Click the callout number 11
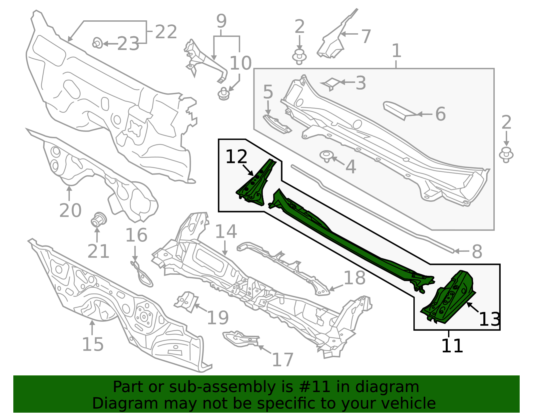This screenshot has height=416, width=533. [x=452, y=346]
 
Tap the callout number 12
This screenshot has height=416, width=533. [x=236, y=157]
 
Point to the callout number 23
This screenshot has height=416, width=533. [x=128, y=44]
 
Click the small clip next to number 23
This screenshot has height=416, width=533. [x=97, y=43]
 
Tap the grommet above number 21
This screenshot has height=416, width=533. [x=98, y=220]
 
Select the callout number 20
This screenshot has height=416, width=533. [x=70, y=210]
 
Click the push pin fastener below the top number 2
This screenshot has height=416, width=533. [x=299, y=57]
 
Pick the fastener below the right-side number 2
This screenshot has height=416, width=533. [x=506, y=155]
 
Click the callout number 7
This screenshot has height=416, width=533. [x=366, y=36]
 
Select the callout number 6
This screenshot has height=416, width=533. [x=440, y=114]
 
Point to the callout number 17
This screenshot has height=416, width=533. [x=282, y=360]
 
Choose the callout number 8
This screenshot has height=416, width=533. [x=477, y=251]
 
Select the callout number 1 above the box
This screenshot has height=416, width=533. [x=396, y=51]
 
